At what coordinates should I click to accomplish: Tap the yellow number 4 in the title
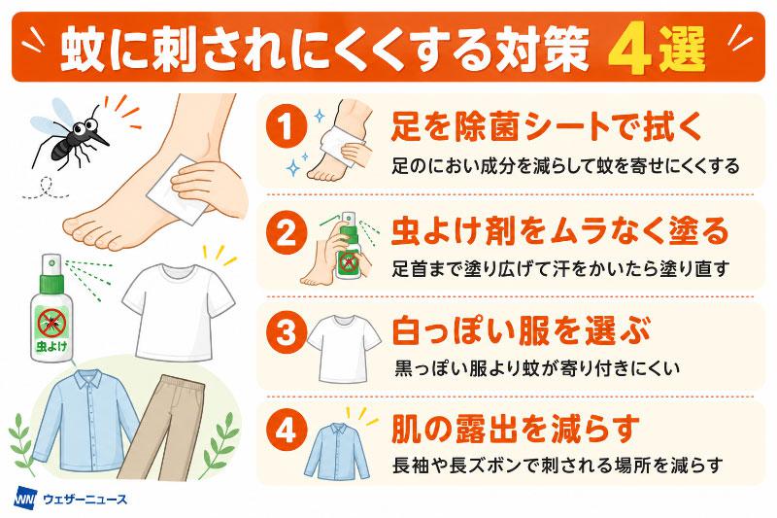pos(628,51)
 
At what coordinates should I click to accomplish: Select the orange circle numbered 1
pos(286,127)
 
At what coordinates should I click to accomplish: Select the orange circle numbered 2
pos(286,232)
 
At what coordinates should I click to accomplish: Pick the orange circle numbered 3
pos(286,331)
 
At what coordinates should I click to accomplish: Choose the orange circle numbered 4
pos(286,430)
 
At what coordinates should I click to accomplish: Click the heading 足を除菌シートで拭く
pos(547,127)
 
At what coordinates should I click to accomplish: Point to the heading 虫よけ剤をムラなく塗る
pos(560,231)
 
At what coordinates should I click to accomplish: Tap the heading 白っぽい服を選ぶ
pos(521,331)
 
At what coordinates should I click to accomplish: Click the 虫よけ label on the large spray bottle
pos(51,346)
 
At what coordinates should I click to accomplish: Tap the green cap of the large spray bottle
pos(52,283)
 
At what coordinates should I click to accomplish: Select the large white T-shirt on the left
pos(179,311)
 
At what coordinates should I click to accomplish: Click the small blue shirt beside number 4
pos(337,451)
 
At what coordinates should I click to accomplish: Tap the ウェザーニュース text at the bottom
pos(85,499)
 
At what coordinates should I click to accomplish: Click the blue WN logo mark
pos(26,498)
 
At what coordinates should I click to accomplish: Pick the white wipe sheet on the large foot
pos(177,190)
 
